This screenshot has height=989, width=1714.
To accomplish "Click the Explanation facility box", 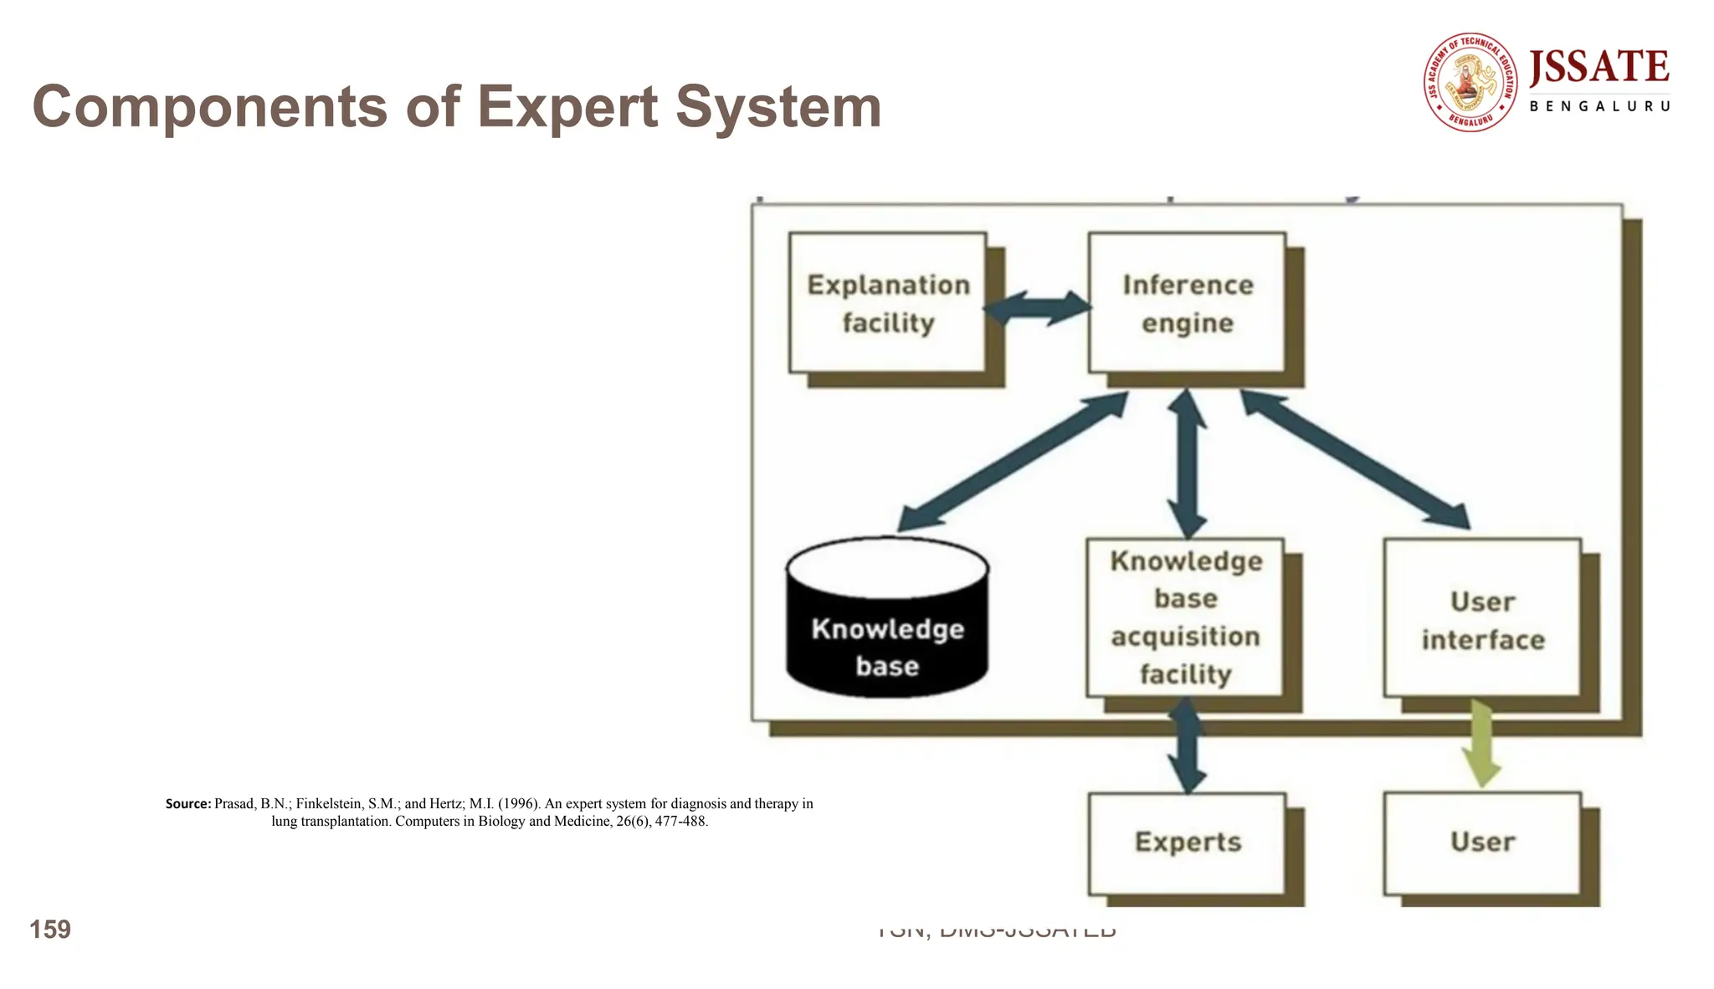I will coord(888,303).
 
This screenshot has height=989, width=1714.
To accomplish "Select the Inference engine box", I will coord(1187,303).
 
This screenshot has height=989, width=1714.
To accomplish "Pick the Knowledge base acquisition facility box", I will coord(1185,617).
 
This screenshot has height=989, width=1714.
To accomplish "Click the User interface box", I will coord(1482,619).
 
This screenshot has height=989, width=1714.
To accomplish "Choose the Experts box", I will coord(1187,843).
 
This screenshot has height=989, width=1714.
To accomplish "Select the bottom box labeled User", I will coord(1482,843).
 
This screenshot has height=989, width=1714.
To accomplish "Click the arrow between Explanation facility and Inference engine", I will coord(1037,308).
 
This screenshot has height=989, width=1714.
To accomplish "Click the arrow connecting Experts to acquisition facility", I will coord(1187,745).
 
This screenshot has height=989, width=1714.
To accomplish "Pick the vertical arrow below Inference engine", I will coord(1187,463).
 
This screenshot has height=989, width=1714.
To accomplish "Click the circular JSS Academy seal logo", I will coord(1470,82).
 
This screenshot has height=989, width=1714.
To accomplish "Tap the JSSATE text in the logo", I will coord(1599,68).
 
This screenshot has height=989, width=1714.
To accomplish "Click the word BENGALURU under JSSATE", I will coord(1599,106).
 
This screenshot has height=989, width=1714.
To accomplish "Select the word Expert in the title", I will coord(568,107).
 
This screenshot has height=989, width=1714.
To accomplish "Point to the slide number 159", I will coord(50,930).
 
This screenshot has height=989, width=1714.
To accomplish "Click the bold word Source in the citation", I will coord(187,804).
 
